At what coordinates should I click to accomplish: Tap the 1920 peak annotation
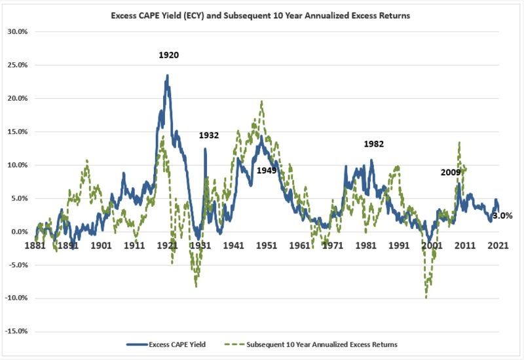click(168, 55)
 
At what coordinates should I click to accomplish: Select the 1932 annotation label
click(209, 135)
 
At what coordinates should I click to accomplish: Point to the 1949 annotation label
click(266, 170)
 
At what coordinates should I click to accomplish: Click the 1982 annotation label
click(373, 144)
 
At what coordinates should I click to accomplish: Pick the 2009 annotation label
click(451, 173)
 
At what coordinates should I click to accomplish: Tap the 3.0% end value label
click(502, 215)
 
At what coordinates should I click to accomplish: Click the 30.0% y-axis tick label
click(17, 31)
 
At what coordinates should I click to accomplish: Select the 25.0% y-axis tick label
click(17, 65)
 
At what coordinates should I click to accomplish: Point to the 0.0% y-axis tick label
click(18, 231)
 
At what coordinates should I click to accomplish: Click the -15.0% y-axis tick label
click(16, 331)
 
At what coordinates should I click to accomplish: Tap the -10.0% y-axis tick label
click(16, 298)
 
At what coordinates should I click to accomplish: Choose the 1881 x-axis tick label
click(35, 245)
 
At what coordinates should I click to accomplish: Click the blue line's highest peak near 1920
click(168, 76)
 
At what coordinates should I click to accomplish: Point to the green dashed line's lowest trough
click(426, 297)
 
